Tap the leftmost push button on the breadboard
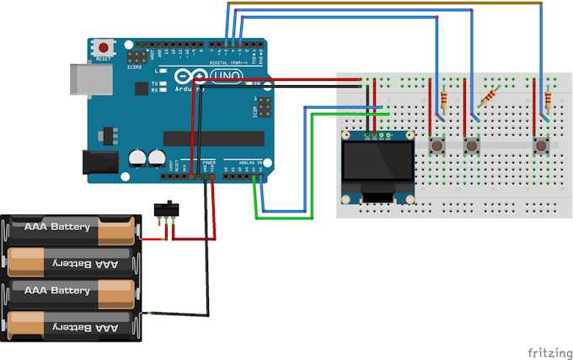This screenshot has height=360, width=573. (x=437, y=147)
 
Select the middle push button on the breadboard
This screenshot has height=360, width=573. (x=471, y=147)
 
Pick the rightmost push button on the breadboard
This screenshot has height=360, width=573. (x=540, y=147)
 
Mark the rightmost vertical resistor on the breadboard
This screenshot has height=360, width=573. (x=549, y=101)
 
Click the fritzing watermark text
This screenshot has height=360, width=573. (x=545, y=351)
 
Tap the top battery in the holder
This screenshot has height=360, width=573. (x=69, y=229)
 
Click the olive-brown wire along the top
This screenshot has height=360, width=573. (x=379, y=3)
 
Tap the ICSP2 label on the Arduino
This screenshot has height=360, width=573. (x=137, y=67)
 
